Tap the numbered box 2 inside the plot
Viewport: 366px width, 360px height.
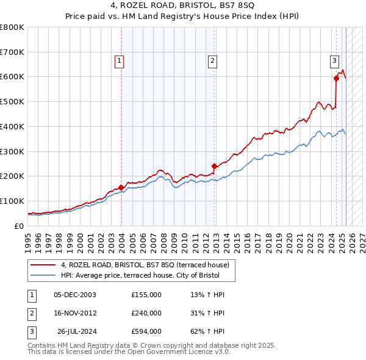click(x=212, y=60)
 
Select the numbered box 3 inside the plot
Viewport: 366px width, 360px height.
click(x=334, y=60)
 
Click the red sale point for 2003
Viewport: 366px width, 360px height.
click(x=121, y=187)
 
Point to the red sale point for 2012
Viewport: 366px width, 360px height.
click(x=214, y=166)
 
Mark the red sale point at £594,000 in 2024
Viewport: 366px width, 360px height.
click(x=336, y=78)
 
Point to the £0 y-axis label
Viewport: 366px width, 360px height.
click(x=19, y=226)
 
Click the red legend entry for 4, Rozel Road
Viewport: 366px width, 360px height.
click(x=145, y=265)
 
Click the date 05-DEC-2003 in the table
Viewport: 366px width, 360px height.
click(x=75, y=295)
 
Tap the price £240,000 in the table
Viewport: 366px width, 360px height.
click(x=146, y=313)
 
